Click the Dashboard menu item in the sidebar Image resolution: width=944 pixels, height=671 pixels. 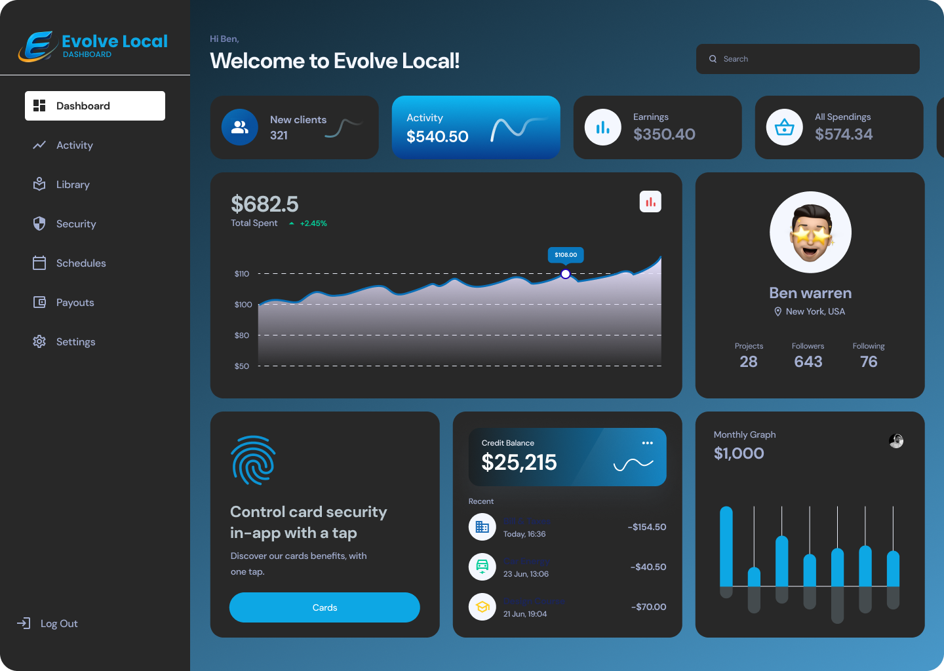tap(95, 105)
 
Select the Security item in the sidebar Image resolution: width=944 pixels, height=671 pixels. tap(75, 223)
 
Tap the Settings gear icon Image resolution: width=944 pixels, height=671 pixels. tap(39, 341)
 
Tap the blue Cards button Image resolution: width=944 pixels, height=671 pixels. tap(324, 607)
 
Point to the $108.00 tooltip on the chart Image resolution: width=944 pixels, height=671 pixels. tap(566, 255)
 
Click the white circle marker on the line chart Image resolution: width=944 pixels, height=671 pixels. tap(566, 274)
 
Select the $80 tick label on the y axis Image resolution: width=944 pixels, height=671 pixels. tap(242, 335)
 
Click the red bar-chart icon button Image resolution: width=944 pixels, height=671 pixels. tap(650, 202)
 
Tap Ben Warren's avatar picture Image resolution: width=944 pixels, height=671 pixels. tap(810, 232)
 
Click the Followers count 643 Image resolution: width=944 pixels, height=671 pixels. tap(808, 362)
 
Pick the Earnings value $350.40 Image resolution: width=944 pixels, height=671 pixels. tap(664, 134)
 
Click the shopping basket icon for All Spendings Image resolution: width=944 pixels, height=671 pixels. tap(785, 127)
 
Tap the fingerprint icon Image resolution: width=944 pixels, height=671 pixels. tap(253, 460)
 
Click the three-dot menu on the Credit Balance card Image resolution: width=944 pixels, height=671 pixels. tap(648, 443)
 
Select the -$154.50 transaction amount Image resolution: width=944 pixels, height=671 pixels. tap(647, 527)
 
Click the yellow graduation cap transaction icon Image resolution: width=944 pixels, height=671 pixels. tap(482, 607)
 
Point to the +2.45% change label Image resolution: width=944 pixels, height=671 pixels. tap(313, 223)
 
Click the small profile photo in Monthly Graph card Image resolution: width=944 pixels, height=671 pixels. tap(896, 441)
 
